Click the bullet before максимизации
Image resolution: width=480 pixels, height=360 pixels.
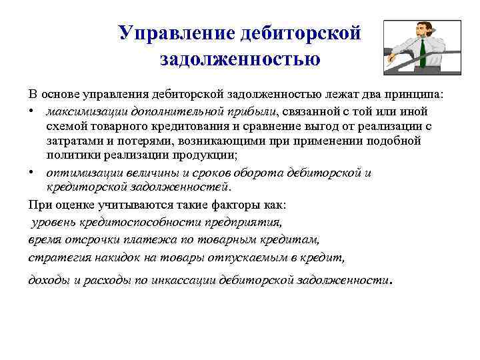[x=33, y=111]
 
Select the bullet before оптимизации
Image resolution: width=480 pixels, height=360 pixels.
[x=33, y=173]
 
